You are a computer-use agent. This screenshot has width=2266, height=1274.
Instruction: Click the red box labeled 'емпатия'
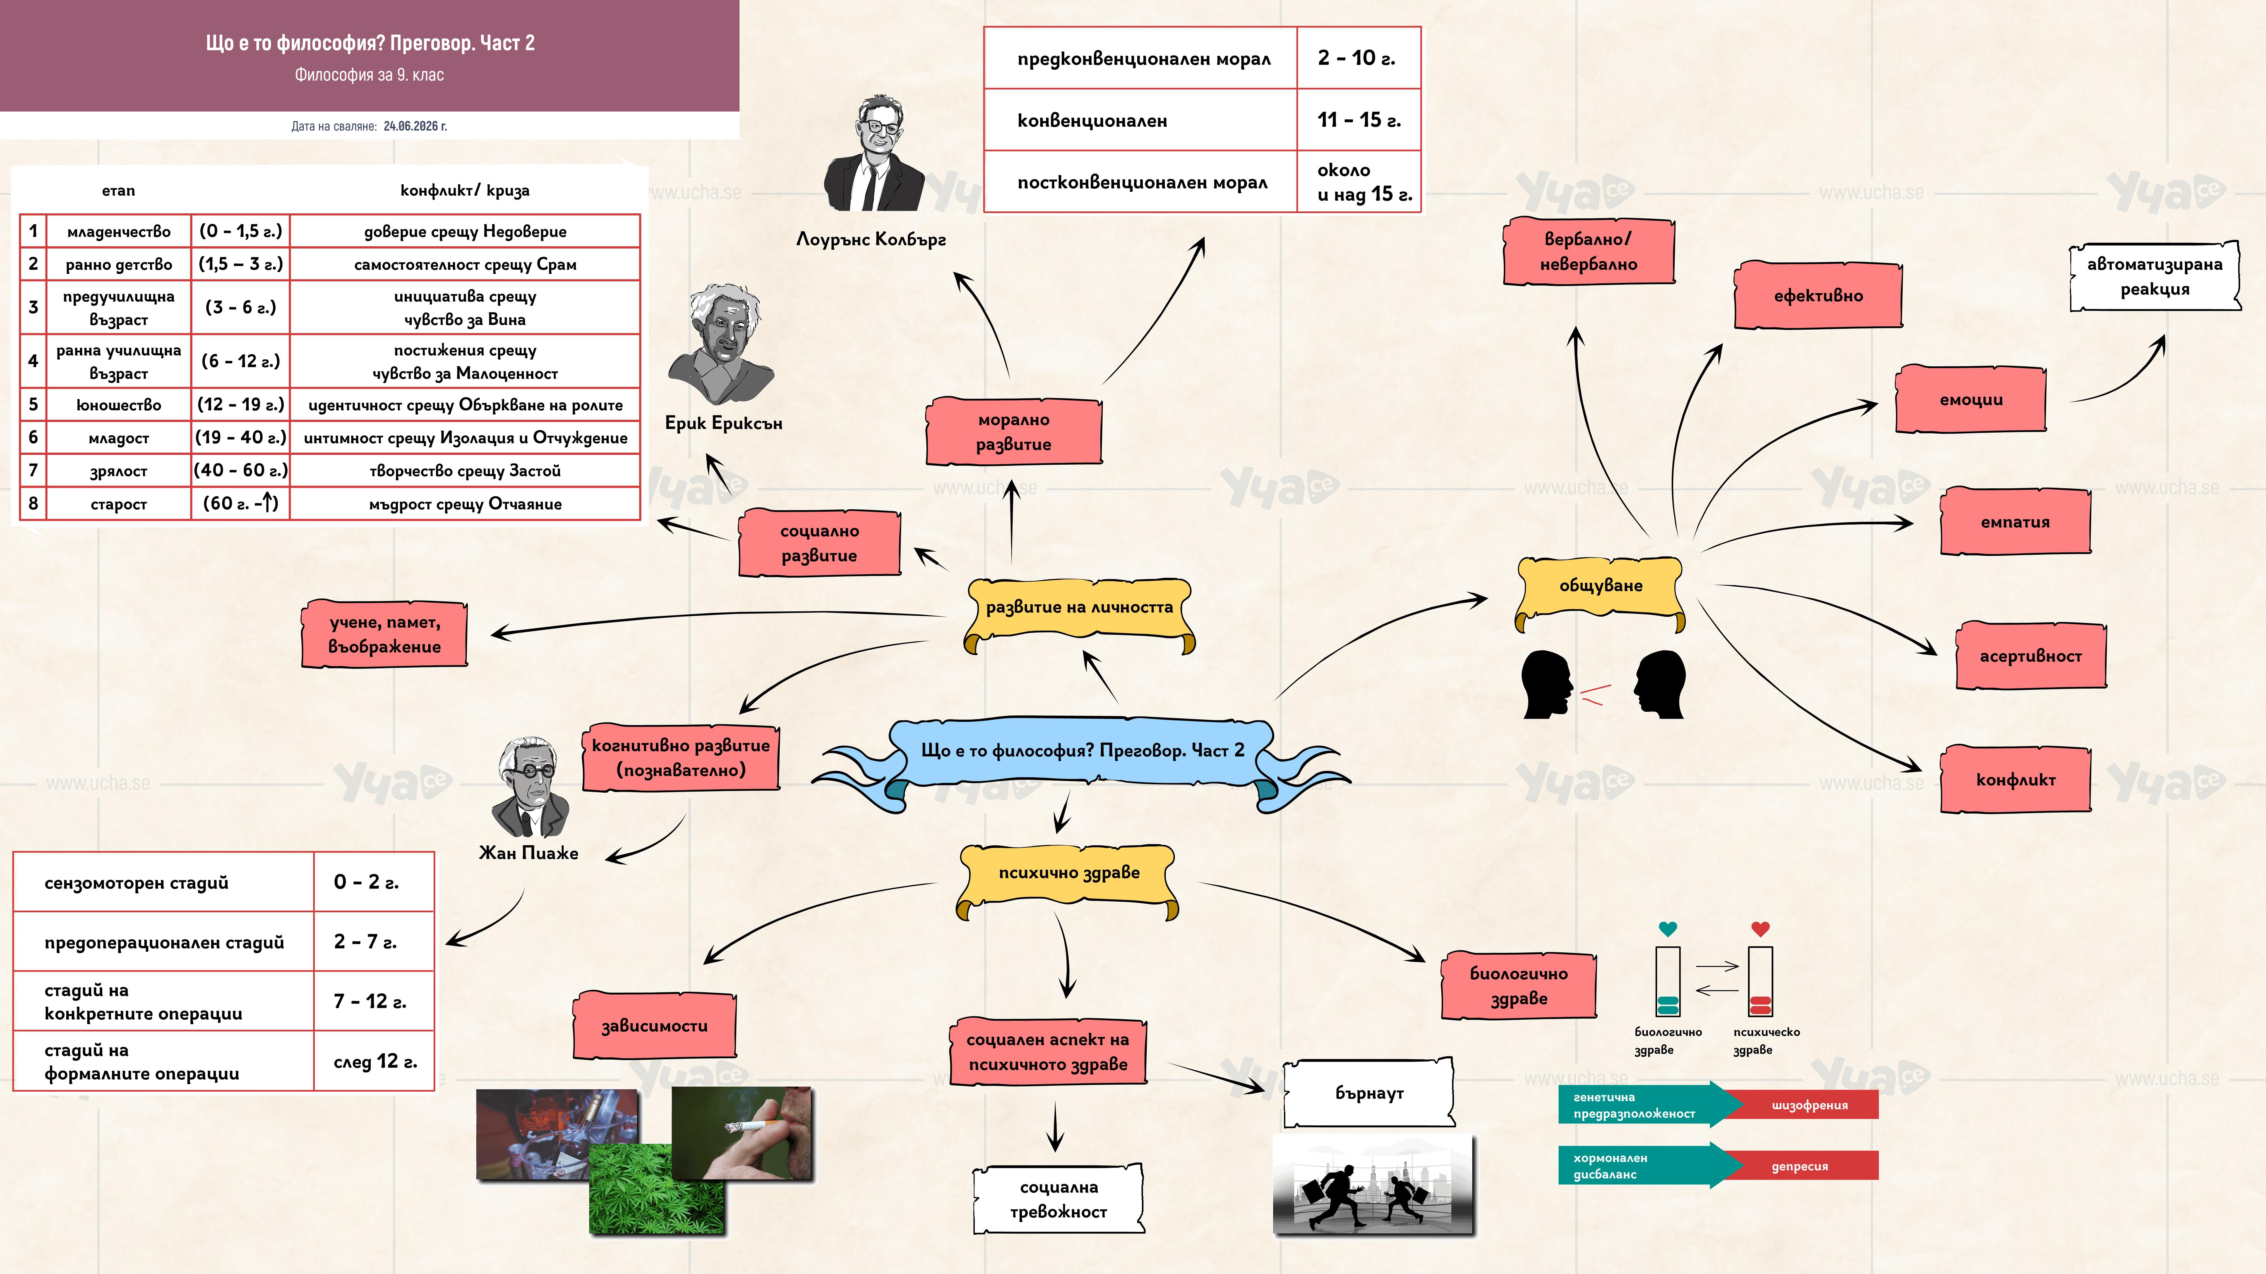click(x=2015, y=521)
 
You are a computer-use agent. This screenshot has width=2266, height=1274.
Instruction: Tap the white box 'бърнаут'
click(x=1369, y=1093)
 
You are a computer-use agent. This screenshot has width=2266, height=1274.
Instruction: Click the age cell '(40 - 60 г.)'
click(x=240, y=470)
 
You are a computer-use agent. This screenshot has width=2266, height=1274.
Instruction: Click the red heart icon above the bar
click(x=1760, y=928)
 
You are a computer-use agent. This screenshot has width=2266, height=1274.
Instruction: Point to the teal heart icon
click(x=1667, y=928)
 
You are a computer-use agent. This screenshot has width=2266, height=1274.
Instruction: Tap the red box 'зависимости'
click(x=654, y=1025)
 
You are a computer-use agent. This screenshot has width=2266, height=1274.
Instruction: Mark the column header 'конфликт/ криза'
click(x=464, y=190)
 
